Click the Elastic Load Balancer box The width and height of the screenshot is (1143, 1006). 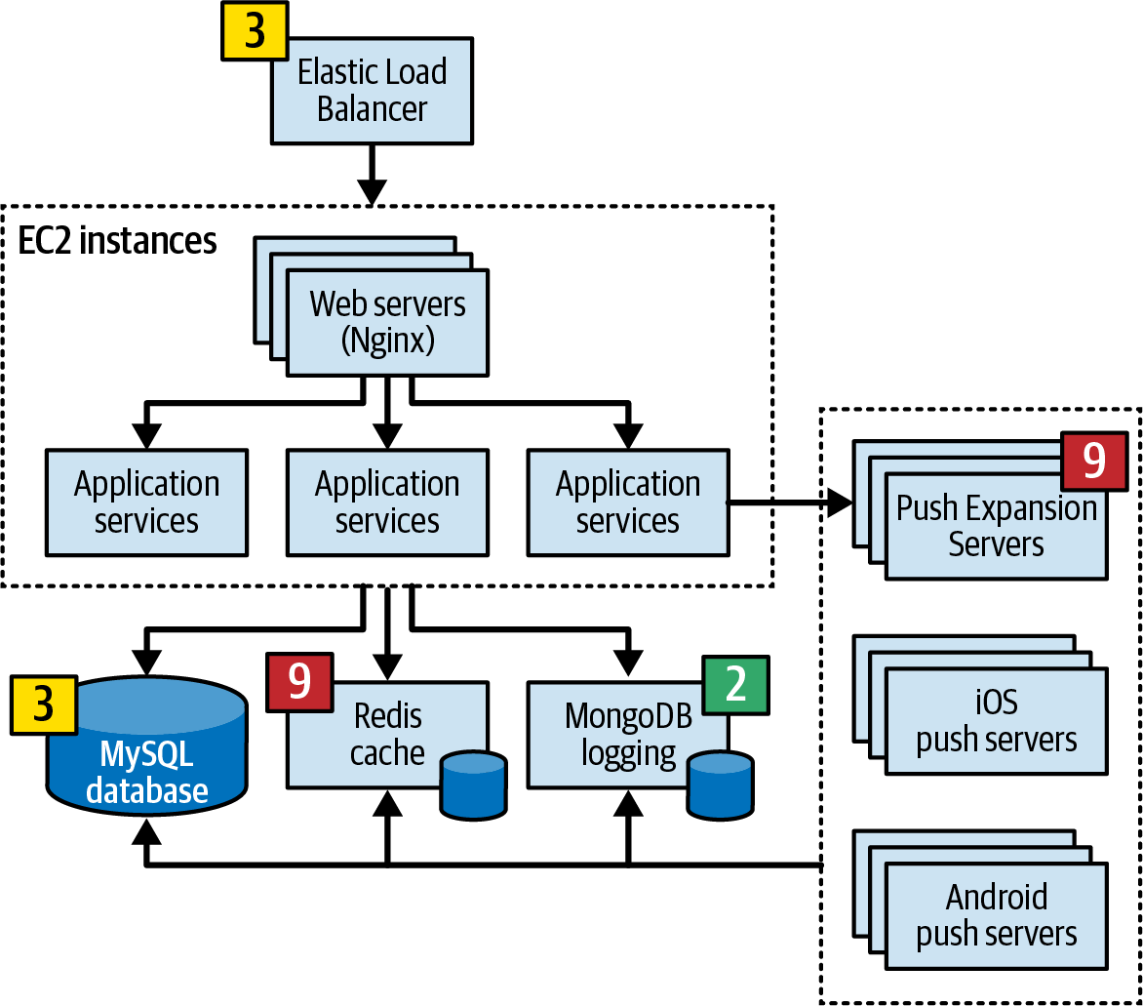[373, 91]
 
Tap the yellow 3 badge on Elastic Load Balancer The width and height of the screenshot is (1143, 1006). [255, 30]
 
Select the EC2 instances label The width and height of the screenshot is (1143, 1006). [117, 240]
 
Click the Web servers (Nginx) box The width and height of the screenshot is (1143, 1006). [387, 322]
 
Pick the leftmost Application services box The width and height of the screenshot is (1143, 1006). [146, 503]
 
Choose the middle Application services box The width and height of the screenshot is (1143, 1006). [387, 503]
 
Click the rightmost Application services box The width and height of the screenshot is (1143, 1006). [628, 503]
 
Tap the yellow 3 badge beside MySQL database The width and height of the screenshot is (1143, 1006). [44, 704]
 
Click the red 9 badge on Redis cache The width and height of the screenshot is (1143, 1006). [299, 682]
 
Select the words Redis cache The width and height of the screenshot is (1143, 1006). [387, 735]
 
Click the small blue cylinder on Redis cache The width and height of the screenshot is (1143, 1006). [474, 785]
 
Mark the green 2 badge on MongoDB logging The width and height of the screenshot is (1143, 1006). [735, 685]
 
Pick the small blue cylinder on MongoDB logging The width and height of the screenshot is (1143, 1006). [720, 785]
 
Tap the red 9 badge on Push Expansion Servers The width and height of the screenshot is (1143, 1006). [1094, 461]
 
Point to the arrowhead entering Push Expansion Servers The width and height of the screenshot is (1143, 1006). [841, 502]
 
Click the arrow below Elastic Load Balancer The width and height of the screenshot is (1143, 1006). [372, 175]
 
